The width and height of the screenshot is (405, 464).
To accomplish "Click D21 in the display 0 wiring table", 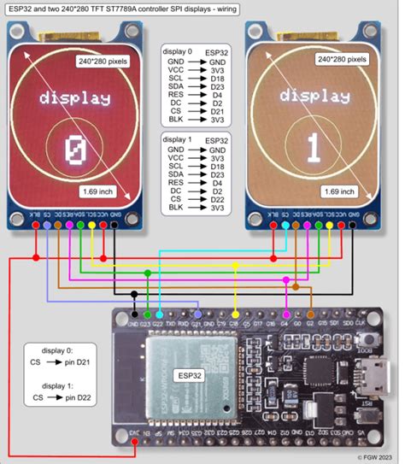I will [x=216, y=111].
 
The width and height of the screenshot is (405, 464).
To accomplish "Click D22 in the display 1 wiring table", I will [x=216, y=198].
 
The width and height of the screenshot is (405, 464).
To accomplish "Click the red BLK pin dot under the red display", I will [x=35, y=225].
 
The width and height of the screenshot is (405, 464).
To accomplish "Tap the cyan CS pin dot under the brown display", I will [x=285, y=225].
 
